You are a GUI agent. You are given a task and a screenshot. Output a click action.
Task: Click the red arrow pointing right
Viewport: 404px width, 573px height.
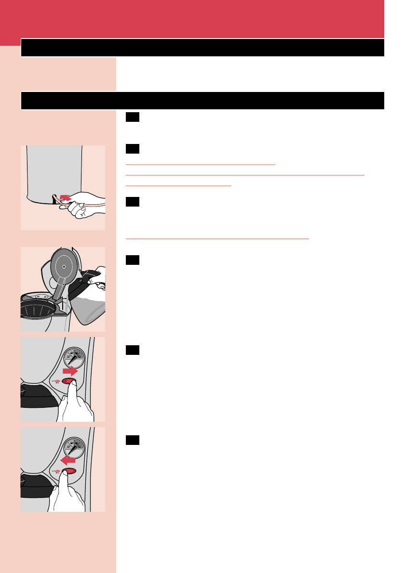[x=71, y=371]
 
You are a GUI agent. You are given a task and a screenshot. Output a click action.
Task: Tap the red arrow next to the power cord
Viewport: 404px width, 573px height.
[x=64, y=198]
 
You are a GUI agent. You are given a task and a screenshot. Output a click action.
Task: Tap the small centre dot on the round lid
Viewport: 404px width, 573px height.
[x=64, y=264]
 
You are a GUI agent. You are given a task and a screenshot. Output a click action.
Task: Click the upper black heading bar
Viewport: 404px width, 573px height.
[x=202, y=48]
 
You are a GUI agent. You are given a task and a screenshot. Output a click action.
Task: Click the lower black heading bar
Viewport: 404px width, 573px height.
[x=202, y=101]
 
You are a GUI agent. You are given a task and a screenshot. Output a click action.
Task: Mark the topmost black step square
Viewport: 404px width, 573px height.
[x=132, y=117]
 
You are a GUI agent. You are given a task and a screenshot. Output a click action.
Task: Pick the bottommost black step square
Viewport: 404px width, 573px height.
[x=132, y=440]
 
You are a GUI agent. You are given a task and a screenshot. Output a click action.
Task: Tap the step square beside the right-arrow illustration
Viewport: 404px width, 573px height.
[x=132, y=350]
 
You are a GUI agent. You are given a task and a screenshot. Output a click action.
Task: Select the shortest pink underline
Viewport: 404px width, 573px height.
[x=178, y=185]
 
